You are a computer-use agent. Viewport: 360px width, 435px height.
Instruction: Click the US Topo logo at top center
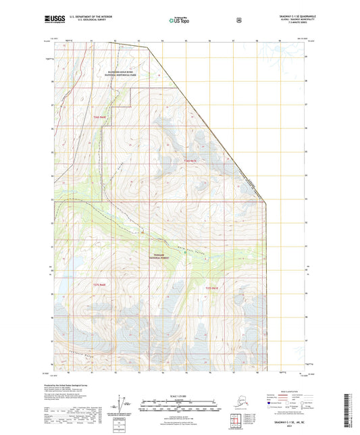coord(179,21)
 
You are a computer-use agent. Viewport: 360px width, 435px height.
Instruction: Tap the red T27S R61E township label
coord(211,288)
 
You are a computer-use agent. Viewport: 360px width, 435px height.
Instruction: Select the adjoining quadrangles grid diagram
coord(234,422)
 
